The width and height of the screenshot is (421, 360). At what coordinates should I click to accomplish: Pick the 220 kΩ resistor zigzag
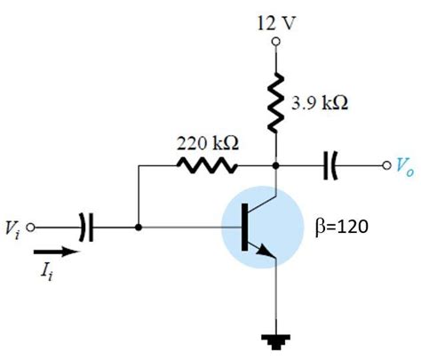click(x=206, y=165)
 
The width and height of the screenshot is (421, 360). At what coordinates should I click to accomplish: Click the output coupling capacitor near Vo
click(x=330, y=165)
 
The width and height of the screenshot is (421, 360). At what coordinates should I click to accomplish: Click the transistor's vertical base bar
click(x=245, y=228)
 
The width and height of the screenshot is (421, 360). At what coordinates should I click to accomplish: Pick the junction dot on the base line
click(x=138, y=228)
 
